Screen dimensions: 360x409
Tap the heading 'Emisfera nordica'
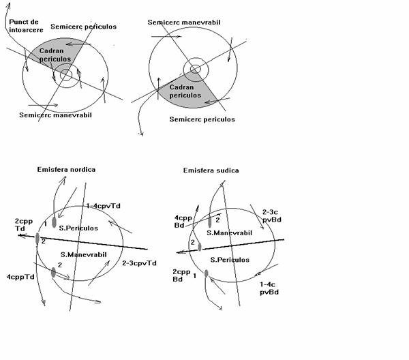pos(67,169)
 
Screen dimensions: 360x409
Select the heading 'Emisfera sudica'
pos(211,170)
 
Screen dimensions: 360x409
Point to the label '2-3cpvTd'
pos(139,262)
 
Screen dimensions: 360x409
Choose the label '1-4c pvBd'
pos(271,286)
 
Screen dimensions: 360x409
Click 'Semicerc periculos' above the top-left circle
pos(82,27)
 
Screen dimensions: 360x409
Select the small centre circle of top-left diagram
pos(66,76)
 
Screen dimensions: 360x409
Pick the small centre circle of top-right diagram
pos(196,69)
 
